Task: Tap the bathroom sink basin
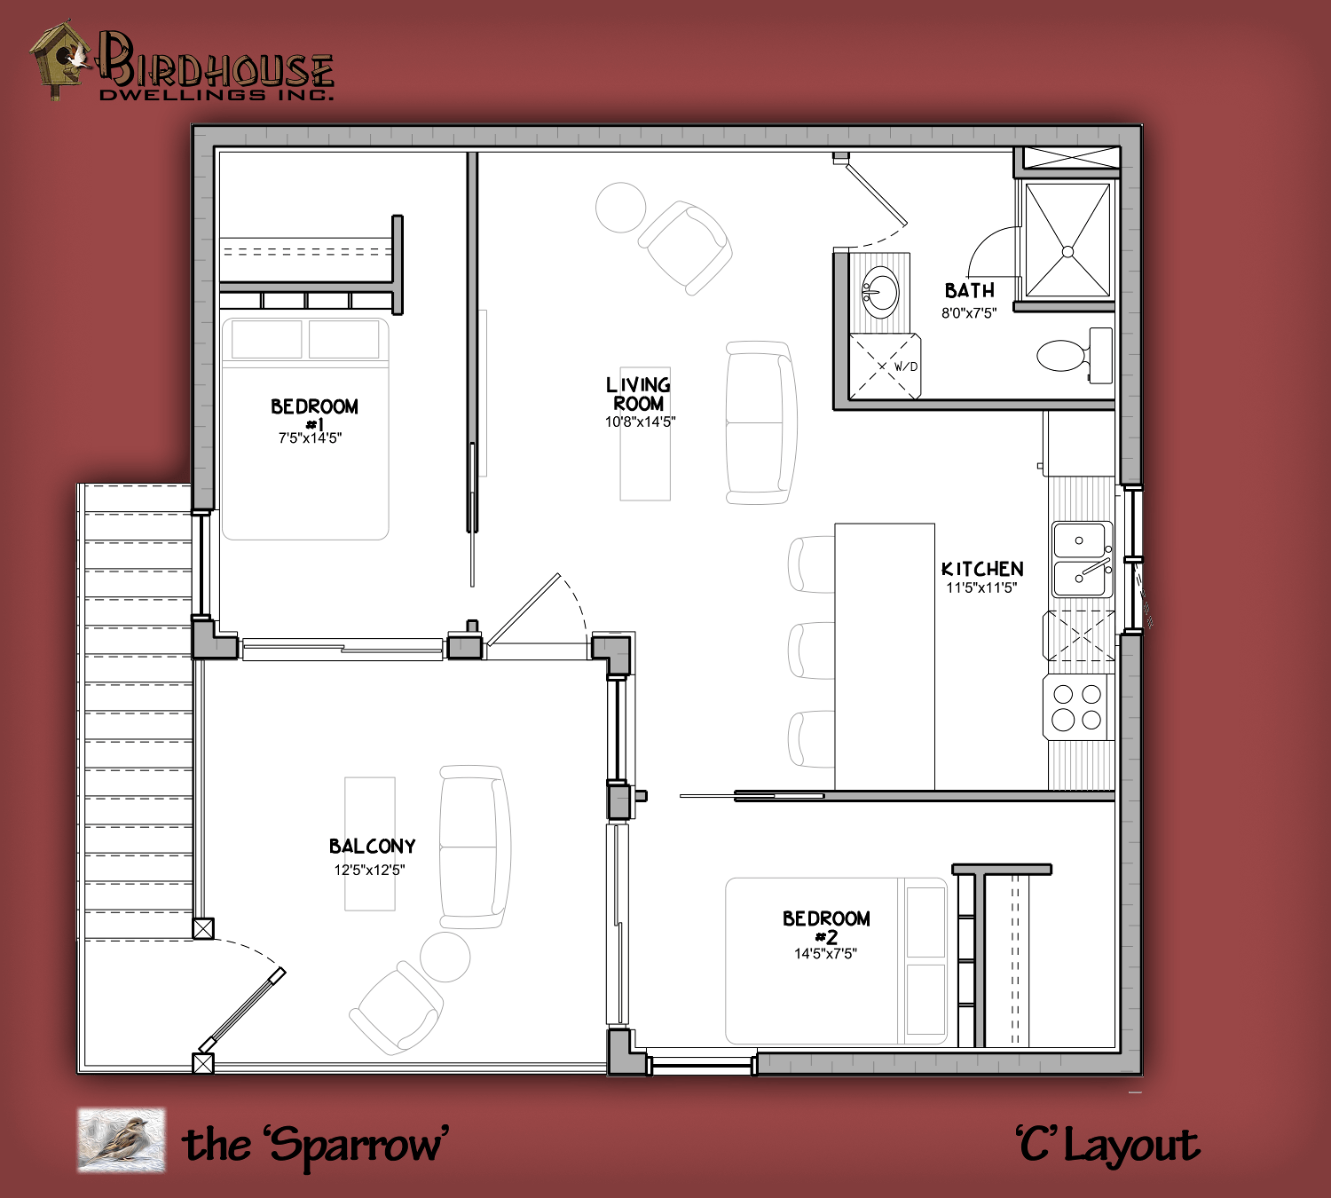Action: click(x=880, y=292)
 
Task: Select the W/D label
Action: click(x=906, y=366)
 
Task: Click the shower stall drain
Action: click(x=1067, y=252)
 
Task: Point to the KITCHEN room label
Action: click(x=982, y=569)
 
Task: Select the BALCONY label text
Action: click(x=372, y=847)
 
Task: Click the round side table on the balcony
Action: click(x=445, y=957)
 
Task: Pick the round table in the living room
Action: click(x=621, y=208)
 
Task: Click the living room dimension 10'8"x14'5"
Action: click(x=640, y=422)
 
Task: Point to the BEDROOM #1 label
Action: click(x=314, y=414)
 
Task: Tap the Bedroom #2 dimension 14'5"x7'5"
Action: click(x=825, y=954)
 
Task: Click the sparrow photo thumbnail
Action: click(x=122, y=1139)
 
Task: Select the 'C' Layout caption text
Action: click(x=1107, y=1146)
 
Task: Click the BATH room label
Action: click(x=969, y=291)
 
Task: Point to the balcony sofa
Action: click(x=475, y=847)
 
